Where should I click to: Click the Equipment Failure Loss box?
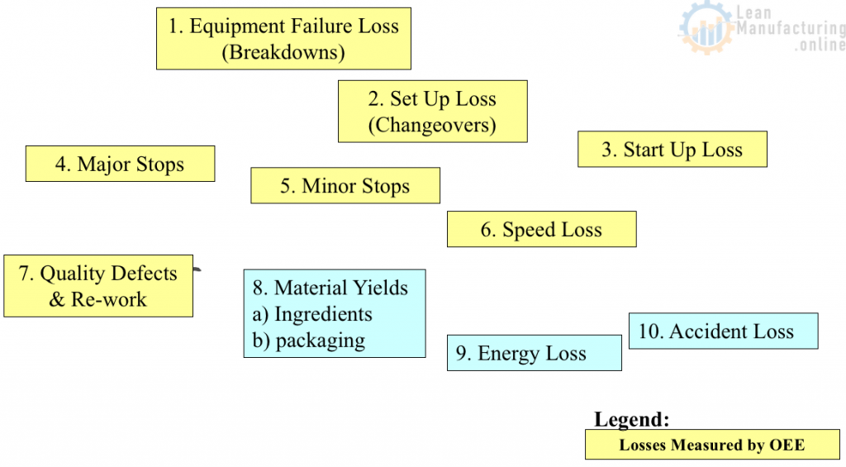coord(283,39)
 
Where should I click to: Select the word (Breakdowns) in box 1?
coord(283,52)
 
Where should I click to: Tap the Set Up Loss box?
coord(432,111)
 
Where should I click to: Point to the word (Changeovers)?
coord(432,125)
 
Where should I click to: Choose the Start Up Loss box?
coord(672,150)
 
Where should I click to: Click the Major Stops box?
coord(120,164)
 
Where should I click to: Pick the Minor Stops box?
coord(345,185)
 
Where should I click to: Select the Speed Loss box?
coord(541,229)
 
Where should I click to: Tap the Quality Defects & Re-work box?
coord(97,286)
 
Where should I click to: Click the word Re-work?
coord(109,299)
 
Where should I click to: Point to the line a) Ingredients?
coord(312,314)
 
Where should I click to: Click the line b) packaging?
coord(309,340)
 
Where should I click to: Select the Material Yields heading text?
coord(330,288)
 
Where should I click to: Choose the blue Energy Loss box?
coord(534,353)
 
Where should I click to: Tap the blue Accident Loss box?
coord(723,331)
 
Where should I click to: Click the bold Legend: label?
coord(632,419)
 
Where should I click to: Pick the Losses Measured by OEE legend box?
coord(711,445)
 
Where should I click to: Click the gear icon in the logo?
coord(705,30)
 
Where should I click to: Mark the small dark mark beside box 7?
coord(197,269)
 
